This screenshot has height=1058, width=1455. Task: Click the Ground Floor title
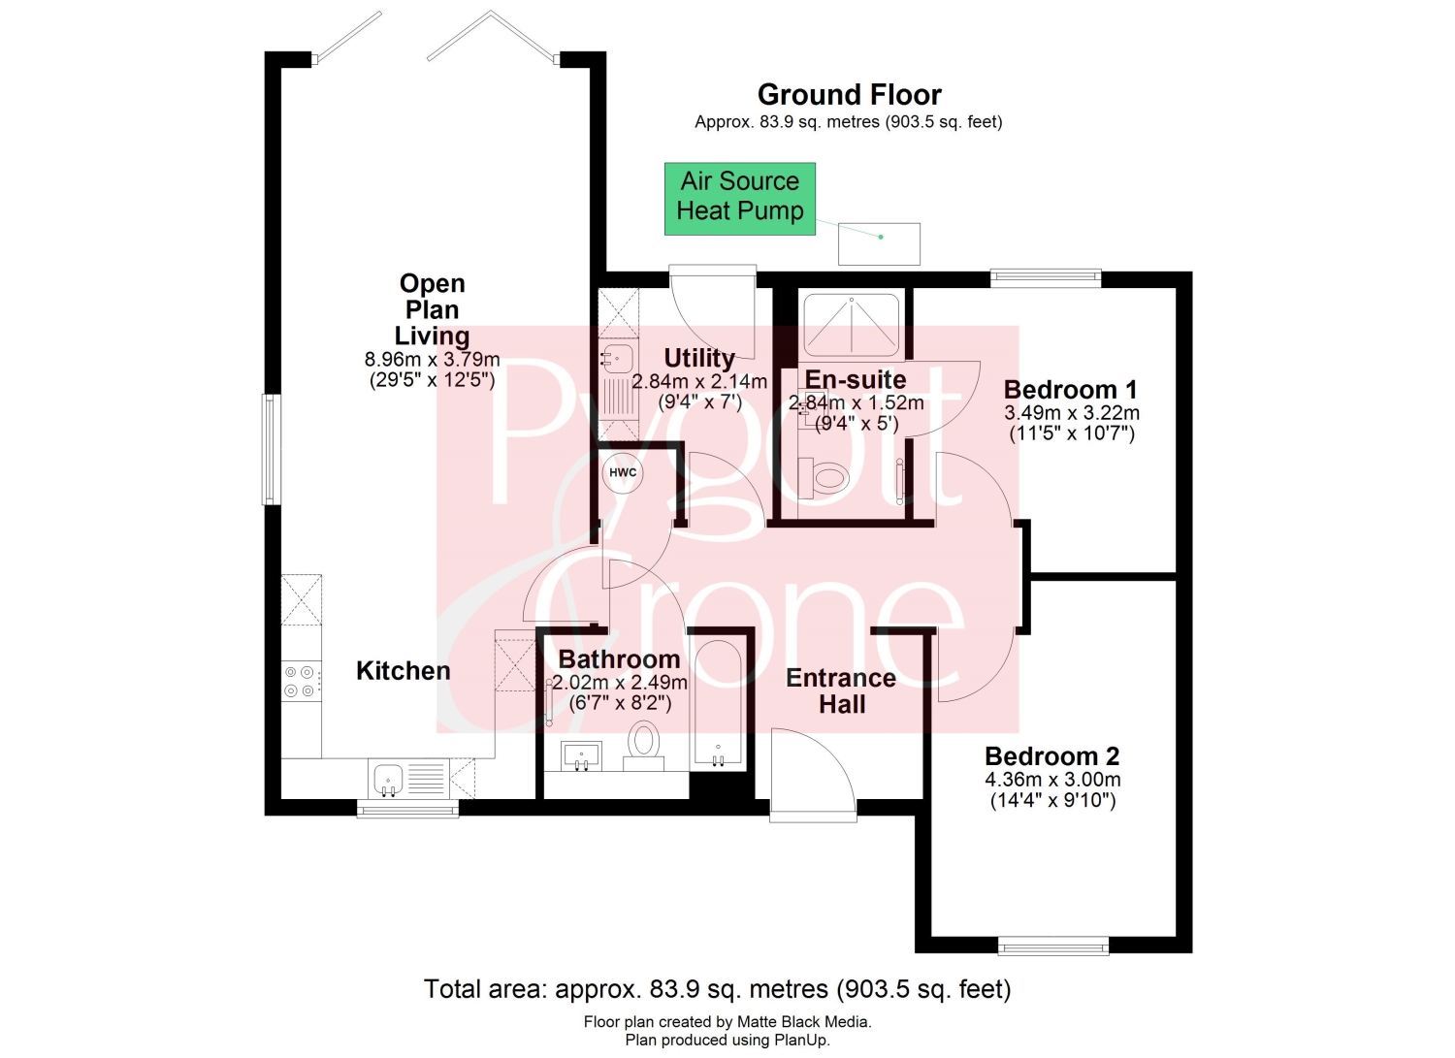click(849, 95)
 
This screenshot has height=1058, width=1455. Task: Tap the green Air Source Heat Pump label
click(740, 198)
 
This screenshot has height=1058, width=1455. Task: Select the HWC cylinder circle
click(623, 472)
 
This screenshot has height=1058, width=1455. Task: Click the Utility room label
click(699, 358)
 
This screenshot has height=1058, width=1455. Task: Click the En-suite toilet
click(823, 478)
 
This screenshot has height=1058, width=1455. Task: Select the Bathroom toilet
click(644, 746)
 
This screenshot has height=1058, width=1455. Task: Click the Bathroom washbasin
click(581, 755)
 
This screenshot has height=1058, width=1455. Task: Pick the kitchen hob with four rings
click(300, 682)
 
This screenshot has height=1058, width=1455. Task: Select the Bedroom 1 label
click(1071, 390)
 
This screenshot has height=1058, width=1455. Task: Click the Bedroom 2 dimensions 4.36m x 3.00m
click(1052, 780)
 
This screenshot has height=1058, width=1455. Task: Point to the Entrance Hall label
click(841, 691)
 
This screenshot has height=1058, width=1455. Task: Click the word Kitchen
click(404, 671)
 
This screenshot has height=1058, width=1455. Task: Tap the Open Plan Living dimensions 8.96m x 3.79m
click(432, 359)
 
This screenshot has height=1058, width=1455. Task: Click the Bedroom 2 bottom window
click(1052, 946)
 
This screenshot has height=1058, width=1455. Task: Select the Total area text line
click(717, 989)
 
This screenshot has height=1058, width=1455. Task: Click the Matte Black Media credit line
click(727, 1021)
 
